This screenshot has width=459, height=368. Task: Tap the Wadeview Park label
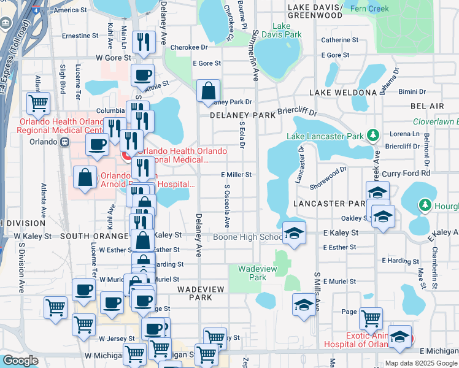tap(252, 273)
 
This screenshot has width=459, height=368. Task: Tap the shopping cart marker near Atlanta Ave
tap(38, 103)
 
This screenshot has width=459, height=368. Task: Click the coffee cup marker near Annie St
tap(142, 75)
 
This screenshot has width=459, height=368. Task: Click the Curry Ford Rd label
tap(399, 174)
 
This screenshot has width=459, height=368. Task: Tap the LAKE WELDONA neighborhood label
tap(342, 93)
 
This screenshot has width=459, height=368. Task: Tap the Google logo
tap(20, 361)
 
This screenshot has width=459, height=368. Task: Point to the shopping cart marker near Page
tap(371, 318)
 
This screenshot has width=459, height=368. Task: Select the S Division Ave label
tap(21, 267)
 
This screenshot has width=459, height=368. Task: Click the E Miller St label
tap(236, 175)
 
